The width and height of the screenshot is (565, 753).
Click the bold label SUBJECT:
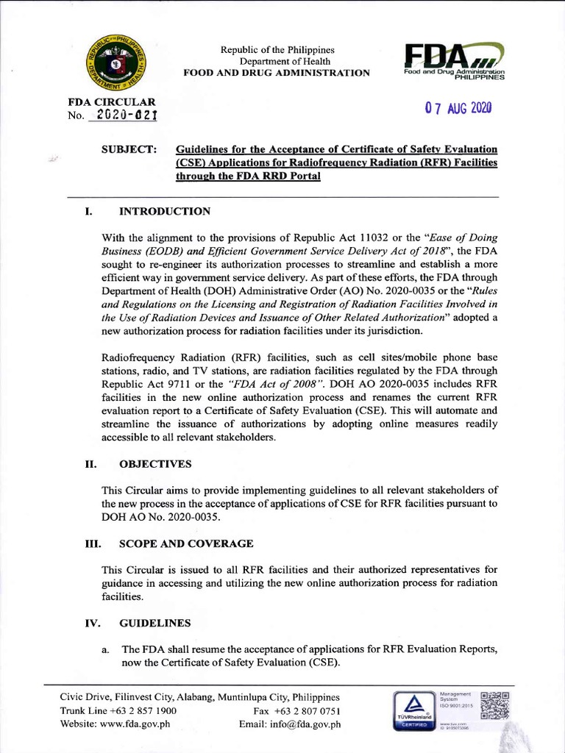[x=129, y=150]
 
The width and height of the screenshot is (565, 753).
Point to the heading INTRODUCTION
[x=165, y=212]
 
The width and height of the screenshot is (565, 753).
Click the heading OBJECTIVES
[x=155, y=464]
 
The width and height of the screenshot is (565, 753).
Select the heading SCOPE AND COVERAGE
[x=186, y=543]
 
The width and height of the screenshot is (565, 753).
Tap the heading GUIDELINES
[x=154, y=623]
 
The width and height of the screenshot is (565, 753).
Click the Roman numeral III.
[x=92, y=543]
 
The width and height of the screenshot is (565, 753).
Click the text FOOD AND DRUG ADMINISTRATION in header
[x=277, y=73]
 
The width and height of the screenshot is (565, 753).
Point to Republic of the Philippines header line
[x=276, y=49]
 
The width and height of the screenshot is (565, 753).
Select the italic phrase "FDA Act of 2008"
[x=277, y=384]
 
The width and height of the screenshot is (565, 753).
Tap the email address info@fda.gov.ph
[x=309, y=724]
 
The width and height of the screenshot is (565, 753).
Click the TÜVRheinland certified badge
[x=413, y=710]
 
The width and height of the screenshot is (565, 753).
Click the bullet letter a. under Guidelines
[x=106, y=649]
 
